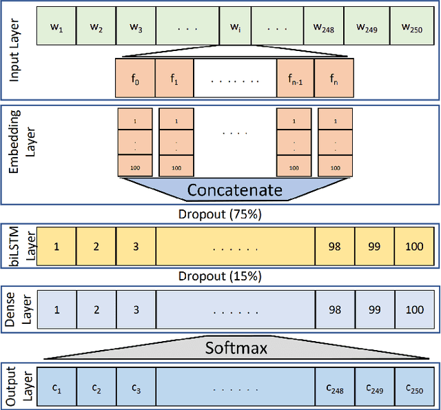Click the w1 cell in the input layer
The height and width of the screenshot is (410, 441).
pyautogui.click(x=56, y=27)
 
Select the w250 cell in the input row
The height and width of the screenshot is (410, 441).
pyautogui.click(x=414, y=27)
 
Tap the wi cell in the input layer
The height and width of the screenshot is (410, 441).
pyautogui.click(x=234, y=27)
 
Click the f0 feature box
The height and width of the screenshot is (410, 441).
pyautogui.click(x=135, y=79)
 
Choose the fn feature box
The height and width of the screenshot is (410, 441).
pyautogui.click(x=334, y=79)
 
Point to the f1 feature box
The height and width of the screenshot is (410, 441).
pyautogui.click(x=174, y=79)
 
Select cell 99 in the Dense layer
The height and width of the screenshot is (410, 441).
pyautogui.click(x=374, y=309)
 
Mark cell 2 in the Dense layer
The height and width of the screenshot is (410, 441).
pyautogui.click(x=96, y=309)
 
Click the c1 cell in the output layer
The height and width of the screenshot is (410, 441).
pyautogui.click(x=56, y=391)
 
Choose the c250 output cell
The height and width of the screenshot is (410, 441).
pyautogui.click(x=414, y=391)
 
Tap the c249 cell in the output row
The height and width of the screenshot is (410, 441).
pyautogui.click(x=374, y=391)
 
